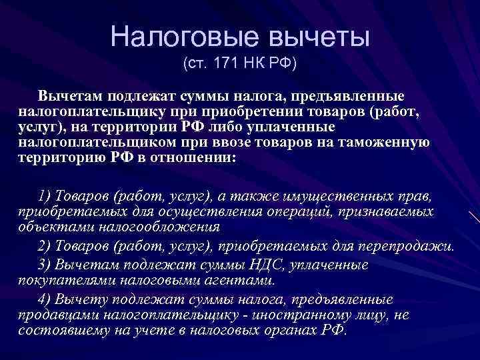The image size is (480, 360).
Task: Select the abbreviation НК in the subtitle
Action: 251,65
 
